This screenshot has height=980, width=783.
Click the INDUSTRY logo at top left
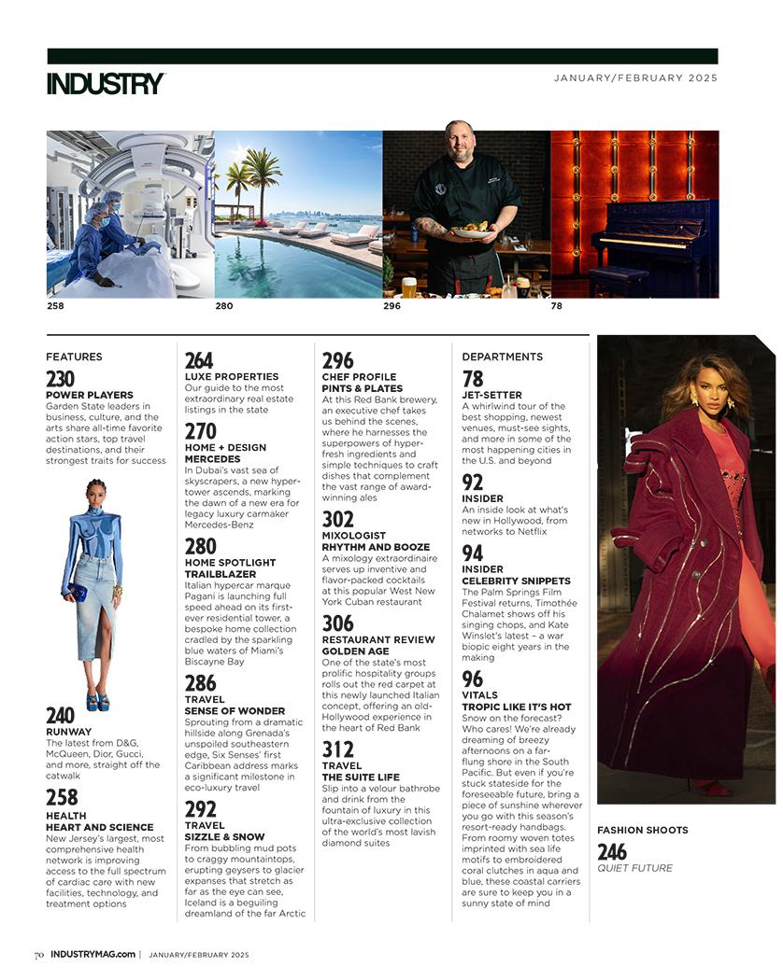click(106, 83)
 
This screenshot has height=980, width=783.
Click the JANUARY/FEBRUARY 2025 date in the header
click(635, 78)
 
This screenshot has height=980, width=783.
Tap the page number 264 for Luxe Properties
click(198, 361)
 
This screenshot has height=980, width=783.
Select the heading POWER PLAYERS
click(90, 396)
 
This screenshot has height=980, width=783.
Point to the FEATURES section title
click(74, 357)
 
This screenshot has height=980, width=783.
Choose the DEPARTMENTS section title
click(502, 357)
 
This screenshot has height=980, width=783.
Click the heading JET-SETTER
click(491, 396)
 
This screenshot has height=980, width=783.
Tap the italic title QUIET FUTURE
click(634, 868)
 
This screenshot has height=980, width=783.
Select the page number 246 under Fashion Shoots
click(612, 851)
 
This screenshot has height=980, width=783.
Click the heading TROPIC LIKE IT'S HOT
click(516, 707)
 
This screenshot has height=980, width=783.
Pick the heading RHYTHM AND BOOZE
click(376, 547)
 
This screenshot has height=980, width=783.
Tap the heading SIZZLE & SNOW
click(224, 837)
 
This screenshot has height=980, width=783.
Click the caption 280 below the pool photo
click(224, 306)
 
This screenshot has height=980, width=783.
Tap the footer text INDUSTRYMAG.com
click(93, 955)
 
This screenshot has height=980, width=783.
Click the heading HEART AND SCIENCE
click(99, 827)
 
